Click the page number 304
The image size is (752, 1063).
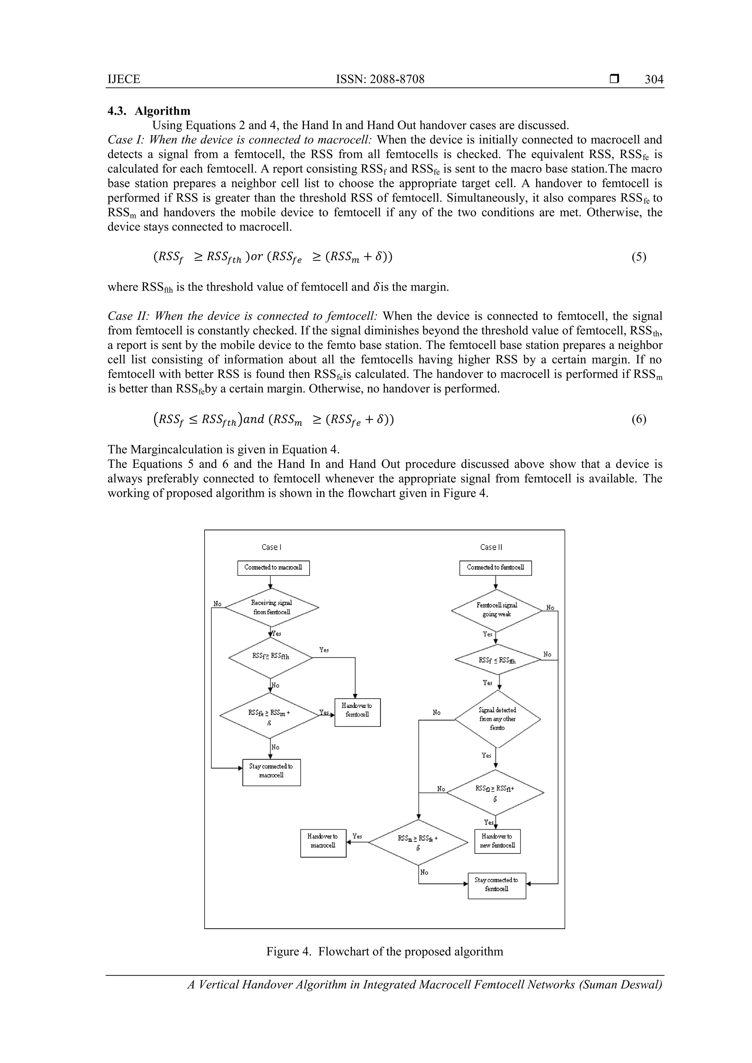[654, 79]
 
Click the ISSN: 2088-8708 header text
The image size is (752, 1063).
[380, 79]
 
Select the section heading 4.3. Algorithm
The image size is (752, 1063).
[149, 111]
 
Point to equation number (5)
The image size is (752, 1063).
[639, 257]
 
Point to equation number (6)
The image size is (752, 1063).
[639, 419]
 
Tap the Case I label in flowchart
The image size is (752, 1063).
[271, 547]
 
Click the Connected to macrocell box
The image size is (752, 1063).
[273, 568]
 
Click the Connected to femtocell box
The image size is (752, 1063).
[495, 568]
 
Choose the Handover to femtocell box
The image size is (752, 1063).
[357, 712]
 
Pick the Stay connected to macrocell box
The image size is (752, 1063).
[271, 772]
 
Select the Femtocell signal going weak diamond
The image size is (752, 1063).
[496, 610]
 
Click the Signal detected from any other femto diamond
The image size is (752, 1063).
[497, 719]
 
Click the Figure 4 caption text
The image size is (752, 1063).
[384, 952]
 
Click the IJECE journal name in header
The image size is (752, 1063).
[124, 79]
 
